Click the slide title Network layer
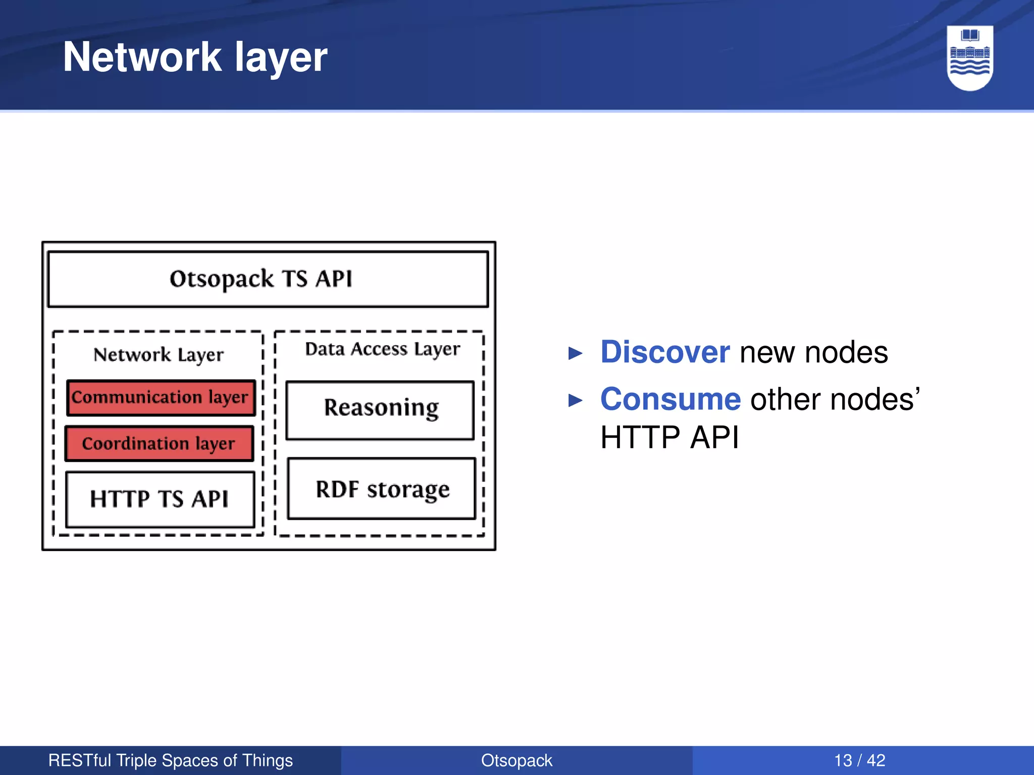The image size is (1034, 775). (x=195, y=57)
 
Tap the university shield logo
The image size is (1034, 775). (x=970, y=58)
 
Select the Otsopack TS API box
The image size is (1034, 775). (x=268, y=279)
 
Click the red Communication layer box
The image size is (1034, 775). (x=161, y=398)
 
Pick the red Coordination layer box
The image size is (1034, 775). (x=159, y=444)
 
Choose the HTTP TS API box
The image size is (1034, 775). (x=160, y=499)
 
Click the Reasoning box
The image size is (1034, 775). (x=380, y=410)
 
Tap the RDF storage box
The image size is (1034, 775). (x=382, y=488)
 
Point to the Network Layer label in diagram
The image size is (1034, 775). (x=159, y=355)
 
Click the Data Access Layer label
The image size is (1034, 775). (x=382, y=349)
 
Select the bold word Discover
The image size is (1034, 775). (x=664, y=352)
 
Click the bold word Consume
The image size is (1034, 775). (x=670, y=399)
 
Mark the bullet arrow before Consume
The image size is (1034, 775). (x=575, y=401)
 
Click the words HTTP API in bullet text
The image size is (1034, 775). (x=669, y=437)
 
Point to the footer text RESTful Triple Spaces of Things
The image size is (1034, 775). (x=170, y=760)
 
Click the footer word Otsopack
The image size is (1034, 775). (x=516, y=760)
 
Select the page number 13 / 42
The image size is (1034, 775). (x=859, y=760)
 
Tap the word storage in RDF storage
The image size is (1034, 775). (x=408, y=489)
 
